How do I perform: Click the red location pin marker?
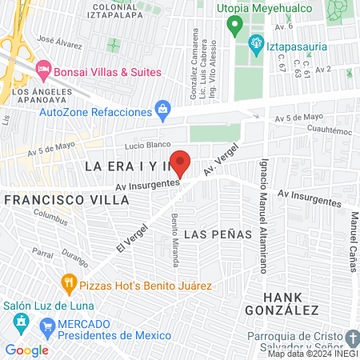coord(181,163)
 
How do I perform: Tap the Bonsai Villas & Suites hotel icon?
coord(42,70)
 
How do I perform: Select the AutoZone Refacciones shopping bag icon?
coord(163,107)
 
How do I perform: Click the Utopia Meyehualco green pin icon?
coord(234,26)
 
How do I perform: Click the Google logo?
coord(27,350)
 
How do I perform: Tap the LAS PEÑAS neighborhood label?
coord(218,234)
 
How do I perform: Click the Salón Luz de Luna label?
coord(49,306)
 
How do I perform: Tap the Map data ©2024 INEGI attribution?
coord(312,353)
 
